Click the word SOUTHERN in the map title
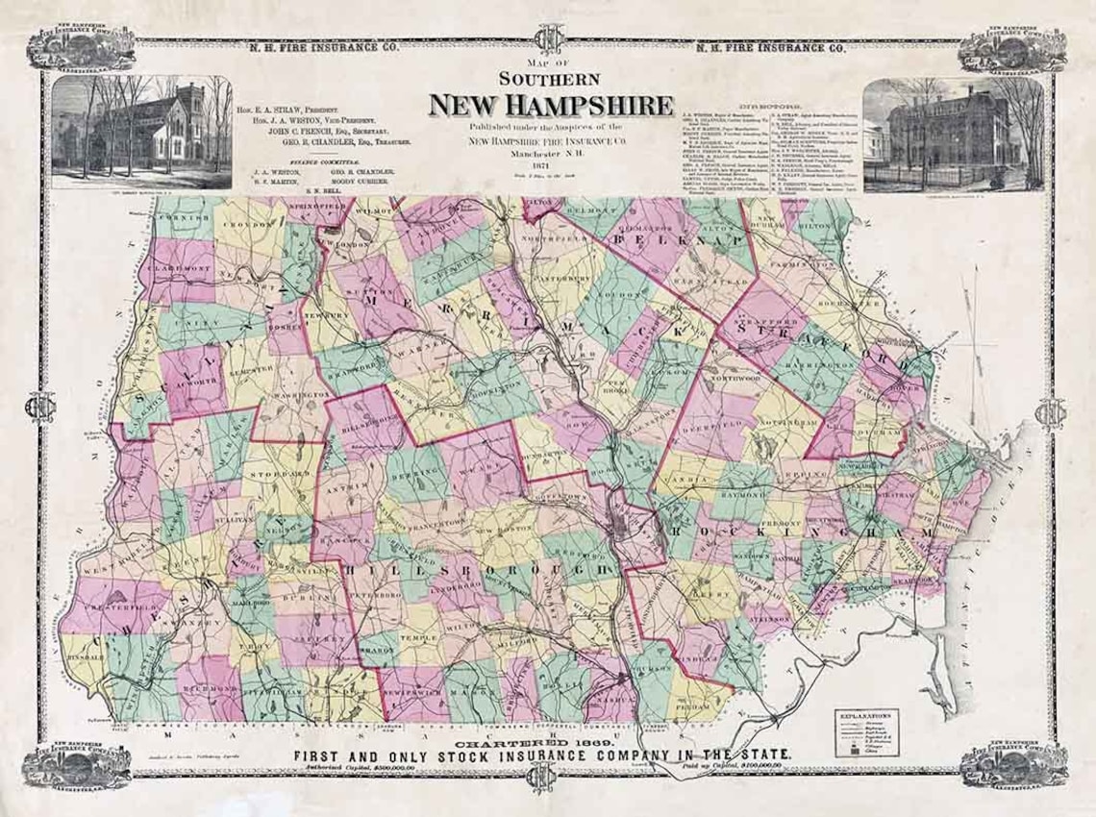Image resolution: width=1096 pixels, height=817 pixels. [x=550, y=79]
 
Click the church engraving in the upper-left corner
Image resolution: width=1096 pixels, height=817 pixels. [x=141, y=132]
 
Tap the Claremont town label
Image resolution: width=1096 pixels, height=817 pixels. [x=179, y=271]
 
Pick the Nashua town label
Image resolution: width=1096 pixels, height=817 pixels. [x=608, y=704]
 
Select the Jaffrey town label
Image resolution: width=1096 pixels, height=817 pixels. [x=313, y=637]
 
